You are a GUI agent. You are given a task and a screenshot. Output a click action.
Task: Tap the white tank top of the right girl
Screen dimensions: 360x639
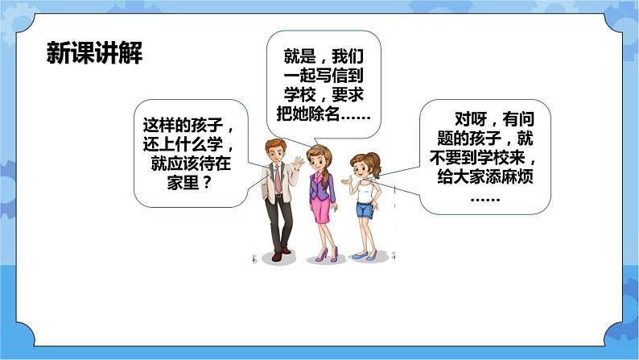(x=365, y=188)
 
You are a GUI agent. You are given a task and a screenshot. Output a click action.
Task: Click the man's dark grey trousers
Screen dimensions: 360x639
(x=278, y=221)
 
